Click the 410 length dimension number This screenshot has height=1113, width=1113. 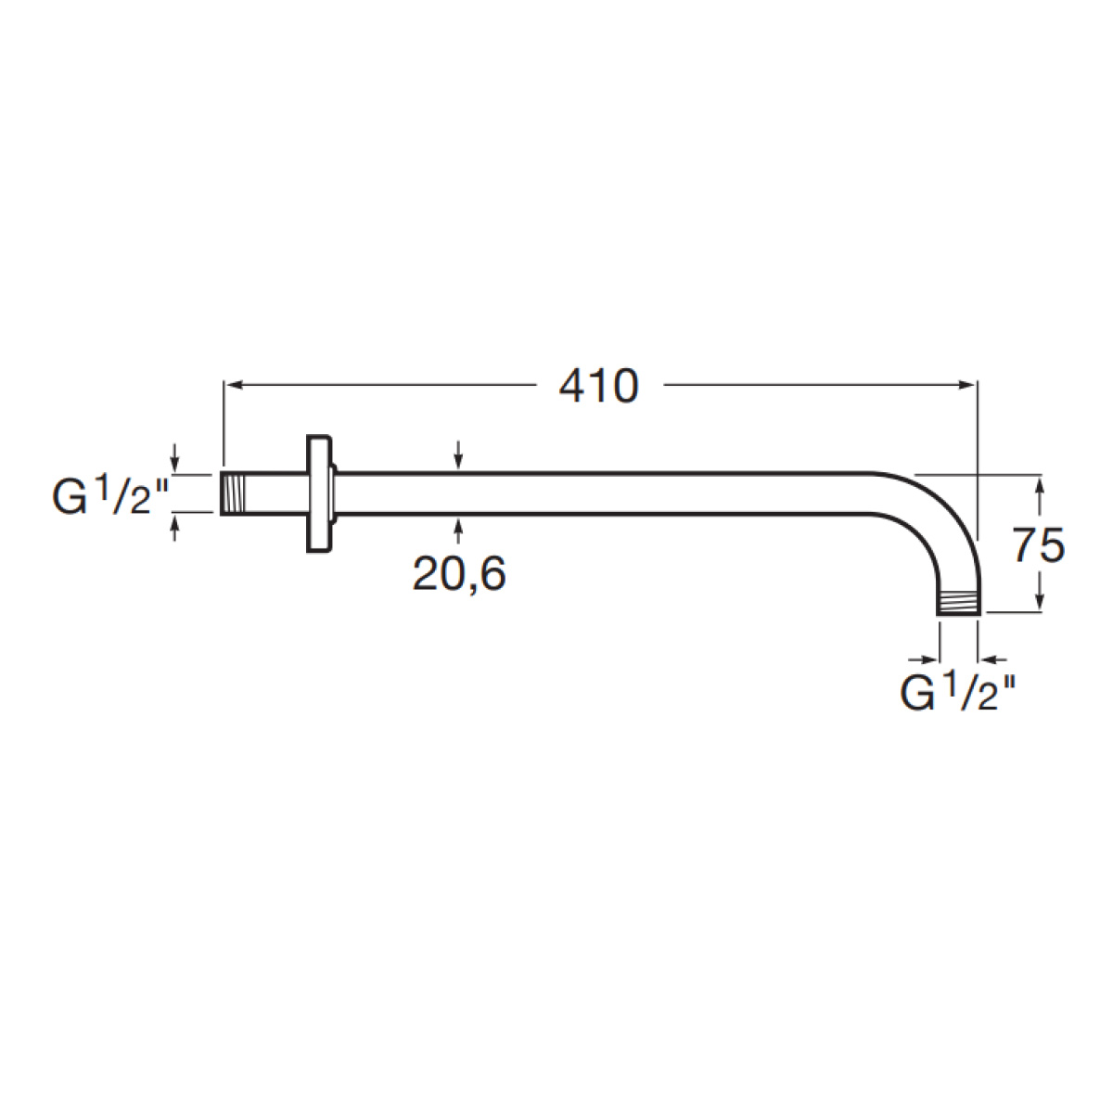pos(599,386)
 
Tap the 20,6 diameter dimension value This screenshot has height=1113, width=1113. pos(459,574)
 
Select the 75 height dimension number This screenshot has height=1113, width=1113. pos(1039,545)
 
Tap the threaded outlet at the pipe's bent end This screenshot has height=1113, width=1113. pos(958,603)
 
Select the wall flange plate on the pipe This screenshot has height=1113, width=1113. pos(319,493)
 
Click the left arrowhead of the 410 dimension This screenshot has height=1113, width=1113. pos(232,385)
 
